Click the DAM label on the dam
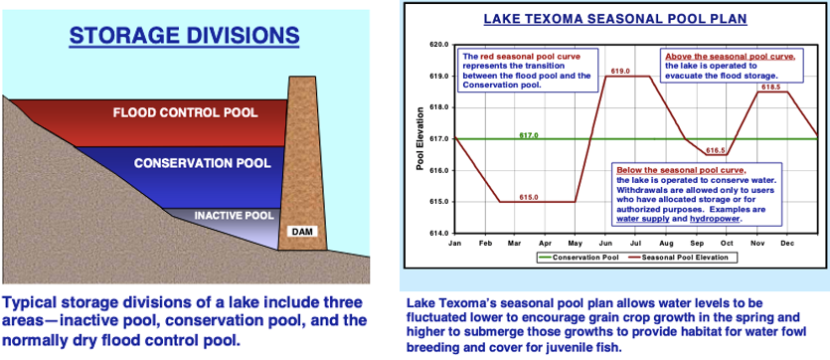coord(303,232)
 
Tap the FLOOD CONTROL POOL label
coord(185,112)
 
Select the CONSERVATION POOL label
coord(203,163)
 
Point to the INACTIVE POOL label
coord(234,216)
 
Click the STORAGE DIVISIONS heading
coord(184,36)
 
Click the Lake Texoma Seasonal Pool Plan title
coord(615,19)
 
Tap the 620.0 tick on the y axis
coord(441,45)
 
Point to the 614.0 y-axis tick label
coord(441,233)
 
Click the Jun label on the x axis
coord(606,244)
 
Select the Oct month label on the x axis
coord(727,244)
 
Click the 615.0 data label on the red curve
coord(529,197)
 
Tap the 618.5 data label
coord(770,87)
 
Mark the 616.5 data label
coord(716,150)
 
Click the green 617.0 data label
coord(529,135)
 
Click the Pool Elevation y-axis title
coord(419,139)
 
